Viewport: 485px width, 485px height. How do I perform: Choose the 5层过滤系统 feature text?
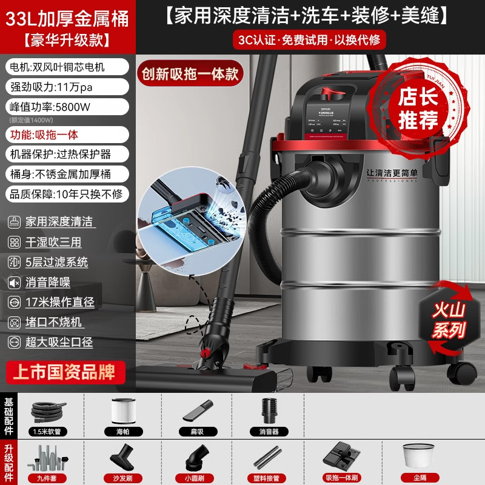[x=57, y=262]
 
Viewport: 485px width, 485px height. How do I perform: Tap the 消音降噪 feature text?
[x=48, y=282]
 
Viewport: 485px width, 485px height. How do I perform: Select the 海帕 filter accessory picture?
[x=125, y=412]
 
